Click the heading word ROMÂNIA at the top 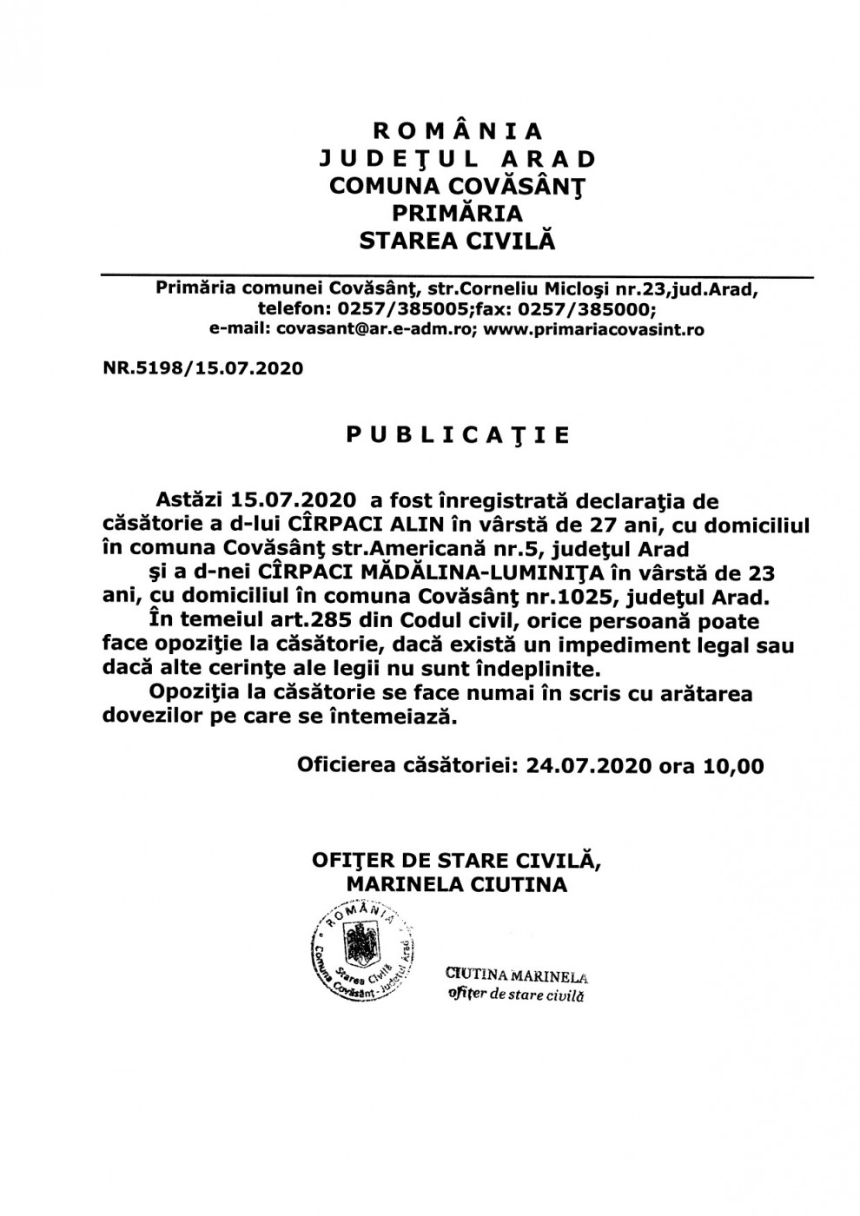pos(457,131)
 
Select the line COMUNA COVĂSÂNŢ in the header pos(457,185)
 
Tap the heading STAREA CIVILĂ pos(457,240)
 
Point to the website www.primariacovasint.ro pos(593,329)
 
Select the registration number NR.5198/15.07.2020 pos(203,368)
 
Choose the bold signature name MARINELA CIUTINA pos(456,884)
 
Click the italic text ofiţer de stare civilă pos(514,995)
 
